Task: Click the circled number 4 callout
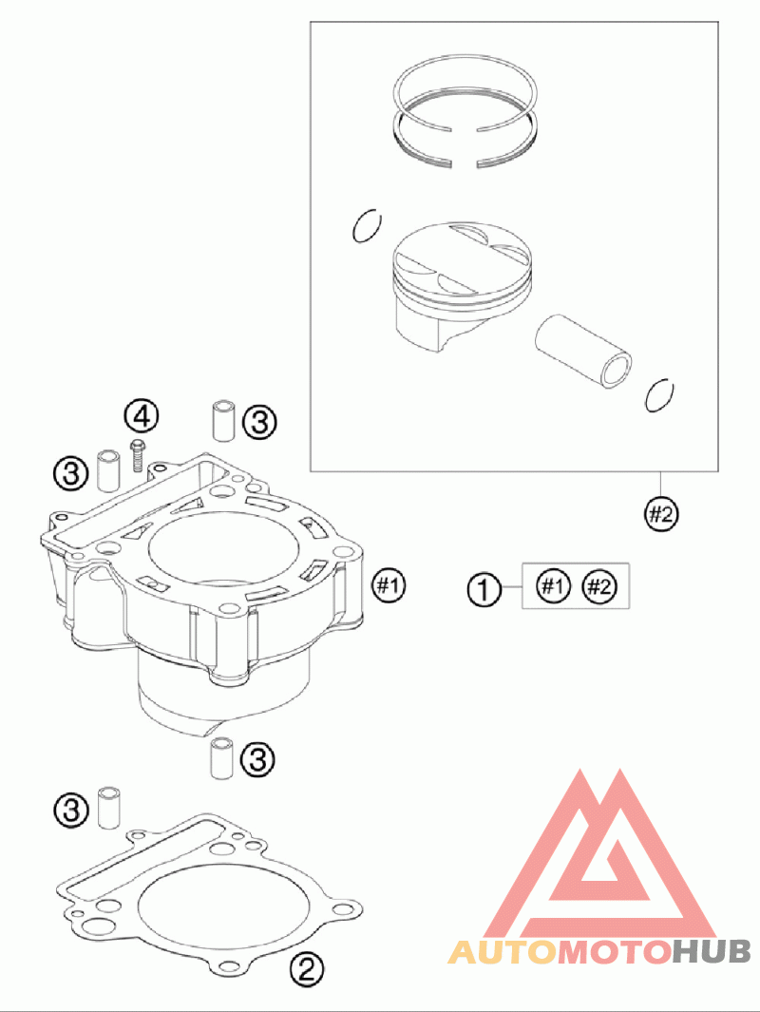pos(141,415)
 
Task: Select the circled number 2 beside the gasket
pos(307,968)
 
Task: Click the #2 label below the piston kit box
pos(661,514)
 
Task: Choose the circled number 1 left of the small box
pos(484,589)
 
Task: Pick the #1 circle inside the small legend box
pos(552,586)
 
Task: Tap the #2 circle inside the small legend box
pos(598,586)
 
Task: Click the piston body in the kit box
pos(446,285)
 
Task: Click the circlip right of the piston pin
pos(658,394)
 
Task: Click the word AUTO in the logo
pos(502,950)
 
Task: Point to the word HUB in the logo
pos(712,950)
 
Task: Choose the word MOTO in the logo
pos(614,950)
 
